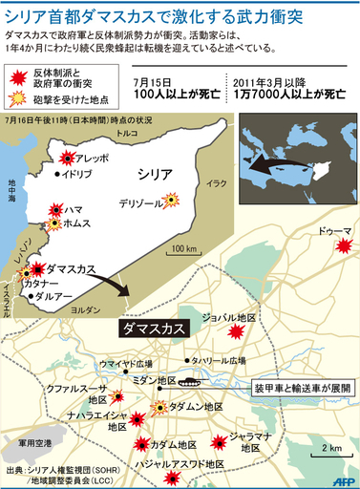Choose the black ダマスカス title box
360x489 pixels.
pos(152,329)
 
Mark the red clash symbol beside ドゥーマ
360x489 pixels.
pos(342,248)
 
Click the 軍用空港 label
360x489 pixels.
pos(24,443)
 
